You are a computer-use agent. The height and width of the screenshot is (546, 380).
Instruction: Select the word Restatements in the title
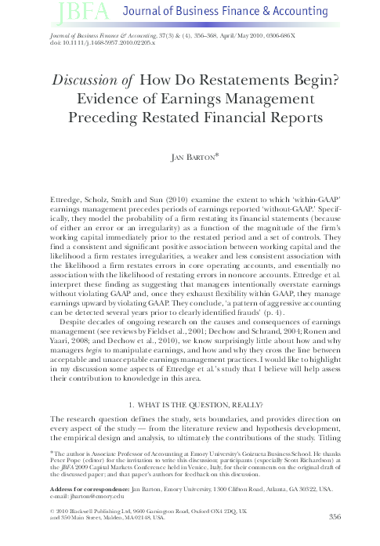pyautogui.click(x=268, y=82)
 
